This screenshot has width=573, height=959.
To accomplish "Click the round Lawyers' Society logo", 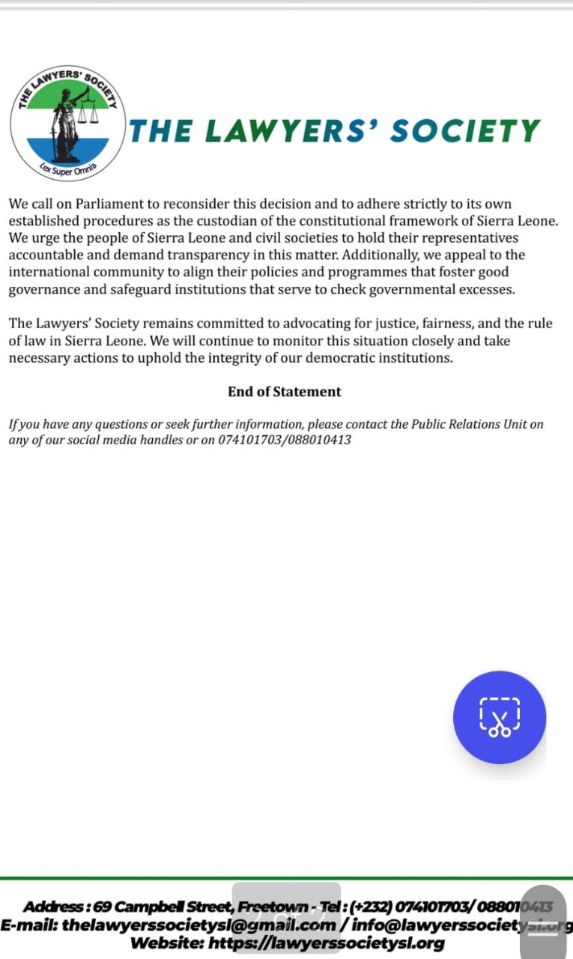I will [67, 123].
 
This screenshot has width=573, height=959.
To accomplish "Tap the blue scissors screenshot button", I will [500, 717].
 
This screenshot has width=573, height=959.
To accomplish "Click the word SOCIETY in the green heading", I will [464, 131].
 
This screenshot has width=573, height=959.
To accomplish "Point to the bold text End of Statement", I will [285, 391].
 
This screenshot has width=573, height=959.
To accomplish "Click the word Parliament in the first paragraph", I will [106, 204].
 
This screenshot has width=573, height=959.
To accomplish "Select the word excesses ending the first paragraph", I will [489, 290].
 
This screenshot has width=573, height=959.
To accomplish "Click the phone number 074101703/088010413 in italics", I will [285, 440].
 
